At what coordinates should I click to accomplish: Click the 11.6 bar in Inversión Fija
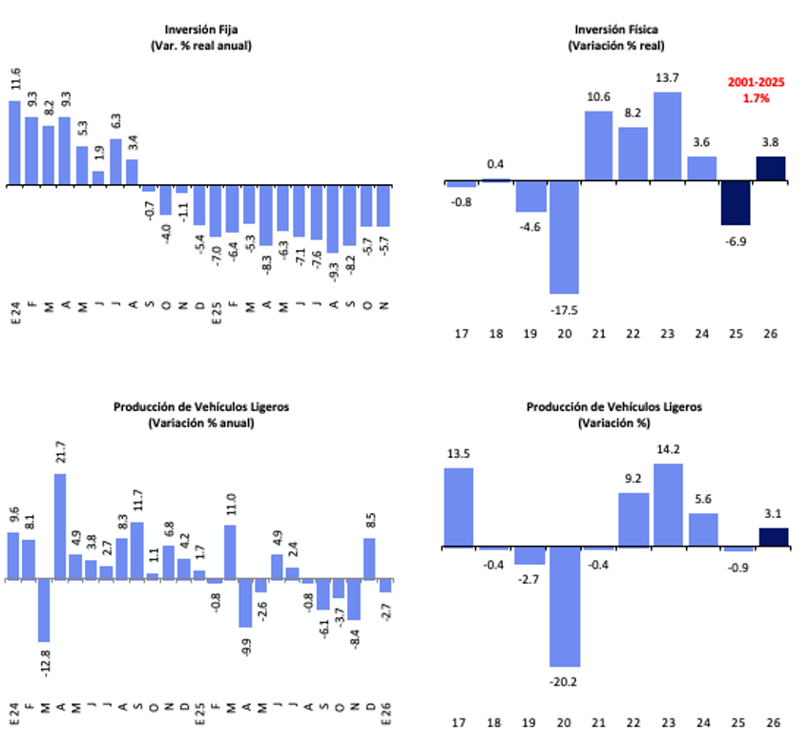[x=14, y=142]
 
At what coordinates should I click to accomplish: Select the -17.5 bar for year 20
[x=564, y=238]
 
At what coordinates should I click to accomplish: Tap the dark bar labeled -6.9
[x=736, y=203]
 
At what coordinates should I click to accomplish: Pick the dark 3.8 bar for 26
[x=770, y=169]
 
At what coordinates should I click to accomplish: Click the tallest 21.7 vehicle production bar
[x=59, y=527]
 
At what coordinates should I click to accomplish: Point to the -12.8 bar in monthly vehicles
[x=44, y=611]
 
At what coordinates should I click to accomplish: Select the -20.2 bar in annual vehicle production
[x=564, y=607]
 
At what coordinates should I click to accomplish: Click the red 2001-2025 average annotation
[x=756, y=91]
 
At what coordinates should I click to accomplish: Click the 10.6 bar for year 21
[x=598, y=146]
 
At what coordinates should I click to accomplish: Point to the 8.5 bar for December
[x=369, y=559]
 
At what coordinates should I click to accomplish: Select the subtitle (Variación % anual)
[x=200, y=423]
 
